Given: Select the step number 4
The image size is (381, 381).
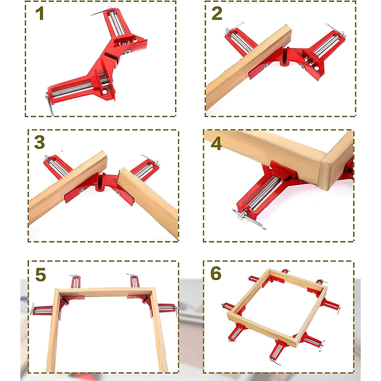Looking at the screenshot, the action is click(216, 144).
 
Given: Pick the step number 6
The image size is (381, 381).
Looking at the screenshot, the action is click(216, 273).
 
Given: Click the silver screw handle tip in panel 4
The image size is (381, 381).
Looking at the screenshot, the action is click(240, 216).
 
